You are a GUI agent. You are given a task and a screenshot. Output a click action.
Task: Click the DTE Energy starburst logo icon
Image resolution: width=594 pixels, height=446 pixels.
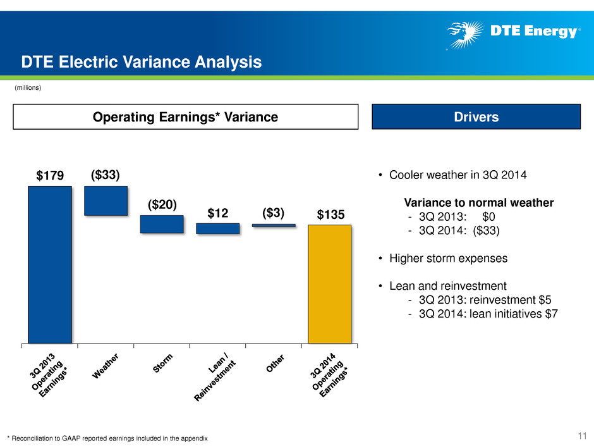click(x=465, y=35)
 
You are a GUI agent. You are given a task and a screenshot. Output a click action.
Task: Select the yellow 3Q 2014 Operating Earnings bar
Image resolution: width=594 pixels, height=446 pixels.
click(x=330, y=284)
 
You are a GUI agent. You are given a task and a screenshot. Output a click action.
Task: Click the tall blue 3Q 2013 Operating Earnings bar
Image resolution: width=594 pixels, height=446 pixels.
click(x=50, y=264)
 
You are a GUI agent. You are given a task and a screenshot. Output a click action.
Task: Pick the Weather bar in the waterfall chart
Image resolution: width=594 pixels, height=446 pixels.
click(x=106, y=201)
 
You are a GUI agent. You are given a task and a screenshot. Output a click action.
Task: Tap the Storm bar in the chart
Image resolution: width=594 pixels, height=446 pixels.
click(x=162, y=224)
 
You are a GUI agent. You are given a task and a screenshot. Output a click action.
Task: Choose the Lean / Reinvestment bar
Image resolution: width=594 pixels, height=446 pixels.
click(x=218, y=228)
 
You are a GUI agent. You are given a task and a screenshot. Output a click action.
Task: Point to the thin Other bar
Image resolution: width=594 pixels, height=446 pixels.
click(x=274, y=226)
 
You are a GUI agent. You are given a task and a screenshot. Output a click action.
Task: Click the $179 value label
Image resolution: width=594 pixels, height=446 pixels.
click(x=50, y=176)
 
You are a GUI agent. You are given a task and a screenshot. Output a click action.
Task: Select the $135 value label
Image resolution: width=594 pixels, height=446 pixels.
click(x=330, y=214)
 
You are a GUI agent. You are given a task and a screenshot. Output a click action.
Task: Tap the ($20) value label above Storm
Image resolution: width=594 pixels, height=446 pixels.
click(x=162, y=205)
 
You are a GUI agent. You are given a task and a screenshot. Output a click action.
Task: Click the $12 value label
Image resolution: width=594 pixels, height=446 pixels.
click(x=218, y=213)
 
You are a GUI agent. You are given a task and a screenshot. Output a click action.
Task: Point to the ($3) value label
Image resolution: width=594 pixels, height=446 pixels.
click(x=273, y=213)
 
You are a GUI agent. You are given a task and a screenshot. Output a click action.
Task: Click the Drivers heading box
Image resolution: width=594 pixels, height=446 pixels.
click(x=476, y=117)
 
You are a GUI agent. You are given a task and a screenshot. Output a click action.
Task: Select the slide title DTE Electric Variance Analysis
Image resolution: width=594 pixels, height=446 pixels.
click(x=142, y=62)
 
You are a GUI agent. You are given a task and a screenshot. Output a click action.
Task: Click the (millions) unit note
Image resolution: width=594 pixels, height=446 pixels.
click(x=28, y=87)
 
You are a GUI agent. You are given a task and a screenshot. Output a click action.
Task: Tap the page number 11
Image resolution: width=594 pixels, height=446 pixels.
click(x=582, y=435)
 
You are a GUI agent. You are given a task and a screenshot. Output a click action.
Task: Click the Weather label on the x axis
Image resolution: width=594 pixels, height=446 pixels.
click(x=106, y=366)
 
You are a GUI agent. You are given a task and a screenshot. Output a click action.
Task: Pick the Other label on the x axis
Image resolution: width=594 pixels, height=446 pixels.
click(x=275, y=363)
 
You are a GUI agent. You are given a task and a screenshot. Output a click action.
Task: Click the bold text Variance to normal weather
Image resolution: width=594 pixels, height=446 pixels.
click(x=479, y=202)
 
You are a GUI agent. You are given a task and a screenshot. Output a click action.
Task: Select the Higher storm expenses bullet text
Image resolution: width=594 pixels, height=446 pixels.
click(x=448, y=258)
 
